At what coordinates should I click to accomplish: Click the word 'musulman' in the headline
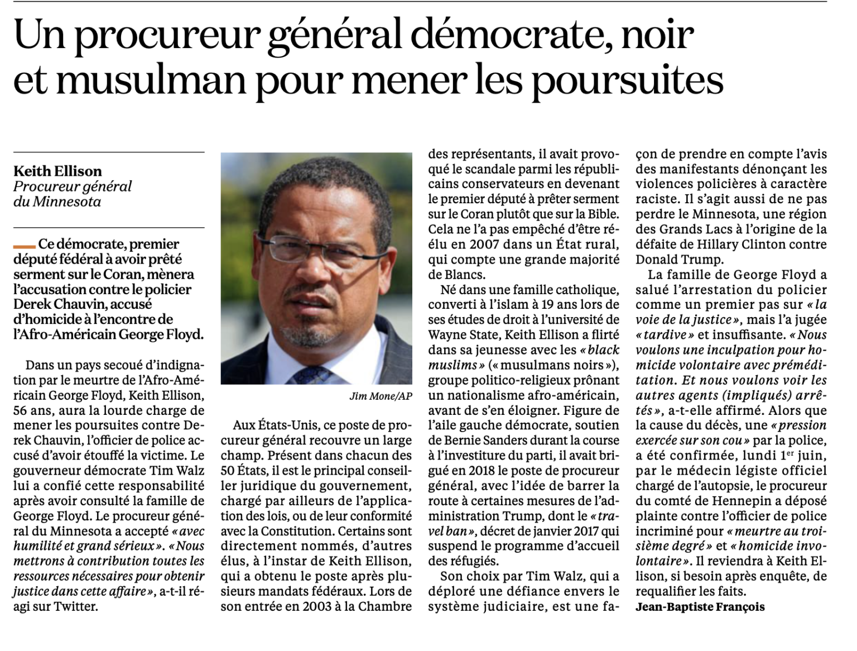click(x=151, y=80)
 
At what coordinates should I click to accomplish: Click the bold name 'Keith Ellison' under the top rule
click(x=57, y=171)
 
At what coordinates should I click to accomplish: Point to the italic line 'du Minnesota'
click(x=57, y=202)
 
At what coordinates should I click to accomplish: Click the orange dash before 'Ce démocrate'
click(x=24, y=246)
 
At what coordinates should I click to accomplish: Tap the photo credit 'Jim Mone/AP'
click(x=381, y=396)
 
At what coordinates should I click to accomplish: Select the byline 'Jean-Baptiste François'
click(x=700, y=607)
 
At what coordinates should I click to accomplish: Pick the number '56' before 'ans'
click(x=21, y=410)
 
